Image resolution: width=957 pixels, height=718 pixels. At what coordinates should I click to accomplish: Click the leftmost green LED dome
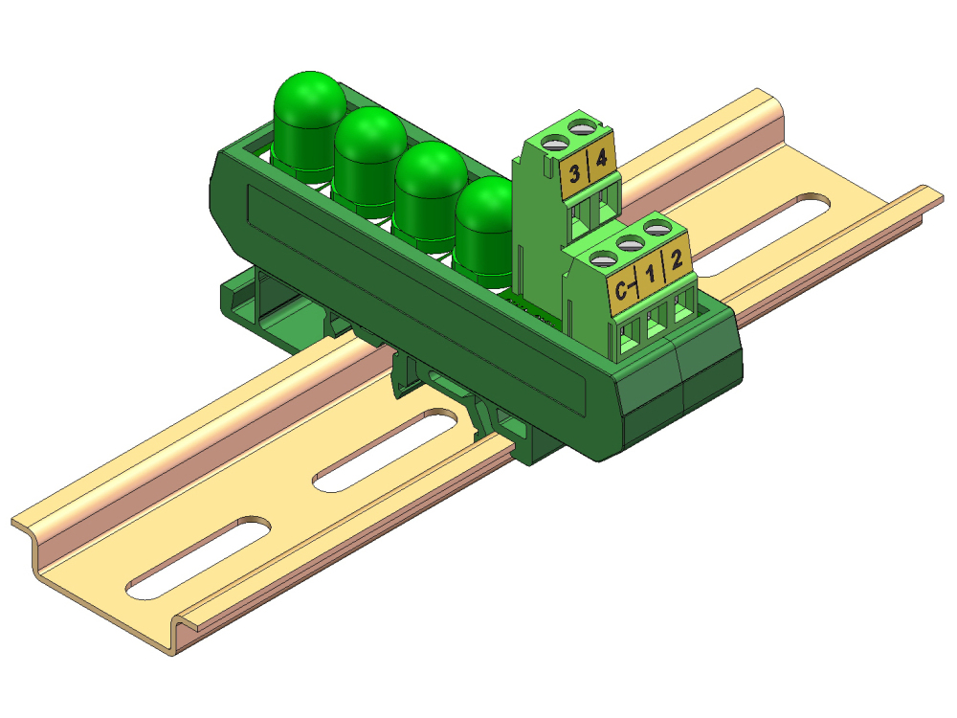tap(309, 110)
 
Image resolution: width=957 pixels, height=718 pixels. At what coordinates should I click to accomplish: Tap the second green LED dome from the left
tap(369, 146)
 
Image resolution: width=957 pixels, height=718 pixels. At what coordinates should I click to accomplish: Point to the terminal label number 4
tap(601, 159)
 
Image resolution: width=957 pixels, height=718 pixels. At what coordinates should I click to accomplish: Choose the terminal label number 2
tap(677, 258)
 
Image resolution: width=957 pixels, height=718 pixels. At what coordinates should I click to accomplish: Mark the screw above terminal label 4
tap(580, 125)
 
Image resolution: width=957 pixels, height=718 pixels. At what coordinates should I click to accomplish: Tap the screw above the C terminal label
tap(602, 258)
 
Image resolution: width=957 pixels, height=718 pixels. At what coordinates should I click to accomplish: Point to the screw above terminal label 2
tap(656, 228)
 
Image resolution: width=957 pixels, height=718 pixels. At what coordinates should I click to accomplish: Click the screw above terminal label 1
tap(629, 244)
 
